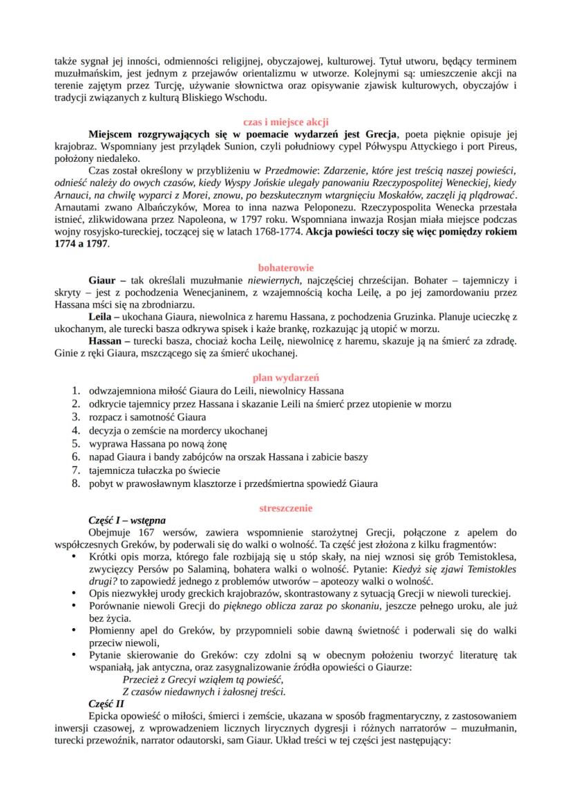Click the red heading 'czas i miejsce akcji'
point(285,120)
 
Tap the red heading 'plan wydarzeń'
point(285,378)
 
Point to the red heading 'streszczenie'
point(285,508)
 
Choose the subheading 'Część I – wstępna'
point(127,520)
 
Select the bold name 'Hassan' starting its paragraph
point(106,341)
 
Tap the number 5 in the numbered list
point(77,443)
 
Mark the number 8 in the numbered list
point(77,483)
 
